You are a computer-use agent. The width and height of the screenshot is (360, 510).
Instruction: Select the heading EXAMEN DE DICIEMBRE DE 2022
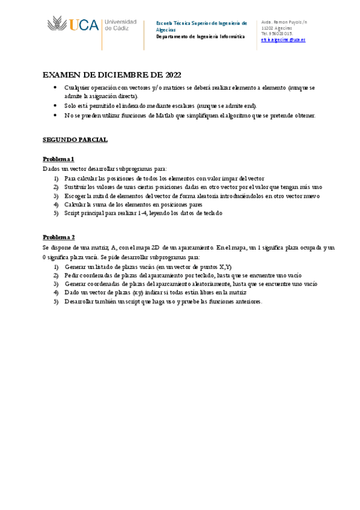coord(111,75)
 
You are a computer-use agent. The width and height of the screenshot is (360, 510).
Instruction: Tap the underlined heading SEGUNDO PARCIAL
coord(75,140)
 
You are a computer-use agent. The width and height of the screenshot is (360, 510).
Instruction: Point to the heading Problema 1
coord(58,159)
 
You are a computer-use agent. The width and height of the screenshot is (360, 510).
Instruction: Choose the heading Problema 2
coord(58,238)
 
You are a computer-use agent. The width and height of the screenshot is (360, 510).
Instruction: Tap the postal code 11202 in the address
coord(268,28)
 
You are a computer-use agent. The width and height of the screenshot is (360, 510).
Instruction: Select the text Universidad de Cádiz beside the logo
coord(121,25)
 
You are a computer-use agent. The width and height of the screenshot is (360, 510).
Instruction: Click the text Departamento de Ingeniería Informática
coord(200,37)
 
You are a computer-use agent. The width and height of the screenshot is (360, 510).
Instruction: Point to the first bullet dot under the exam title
coord(55,88)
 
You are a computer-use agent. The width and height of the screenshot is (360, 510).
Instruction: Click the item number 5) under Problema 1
coord(56,213)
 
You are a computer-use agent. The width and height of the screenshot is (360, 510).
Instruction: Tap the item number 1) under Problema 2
coord(56,266)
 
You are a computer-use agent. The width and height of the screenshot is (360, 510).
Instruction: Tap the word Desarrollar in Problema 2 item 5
coord(81,301)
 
